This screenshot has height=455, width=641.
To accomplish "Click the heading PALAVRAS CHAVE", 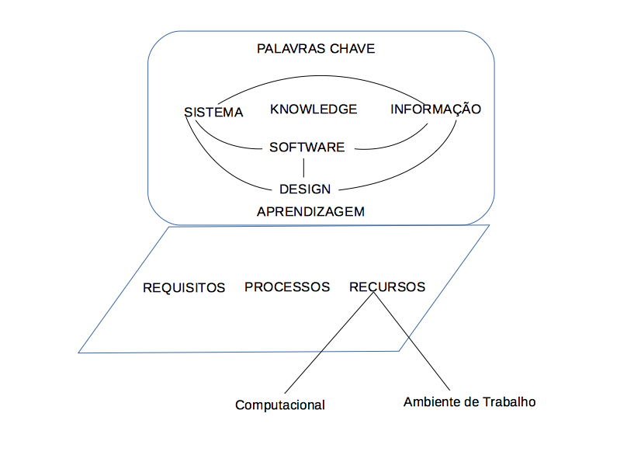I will coord(315,49).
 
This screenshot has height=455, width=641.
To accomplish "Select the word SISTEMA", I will coord(213,113).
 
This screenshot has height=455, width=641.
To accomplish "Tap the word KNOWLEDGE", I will coord(314,109).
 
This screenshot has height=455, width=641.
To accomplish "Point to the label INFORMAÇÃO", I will coord(435,109).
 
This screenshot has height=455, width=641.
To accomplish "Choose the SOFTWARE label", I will coord(307,147).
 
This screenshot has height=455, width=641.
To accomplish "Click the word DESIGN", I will coord(305,189).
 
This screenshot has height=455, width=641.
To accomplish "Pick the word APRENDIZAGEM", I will coord(310,211).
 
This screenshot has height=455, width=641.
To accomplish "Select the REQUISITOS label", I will coord(184,288).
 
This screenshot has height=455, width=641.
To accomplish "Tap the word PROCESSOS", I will coord(287,287).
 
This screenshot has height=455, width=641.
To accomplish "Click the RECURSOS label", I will coord(387,287).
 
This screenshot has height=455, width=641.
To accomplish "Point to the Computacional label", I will coord(280,405).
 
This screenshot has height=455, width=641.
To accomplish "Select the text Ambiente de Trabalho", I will coord(469,402).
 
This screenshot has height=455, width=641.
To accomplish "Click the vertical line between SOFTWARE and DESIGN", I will coord(304,168).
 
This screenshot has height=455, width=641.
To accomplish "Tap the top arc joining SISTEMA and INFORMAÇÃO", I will coord(326,76).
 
